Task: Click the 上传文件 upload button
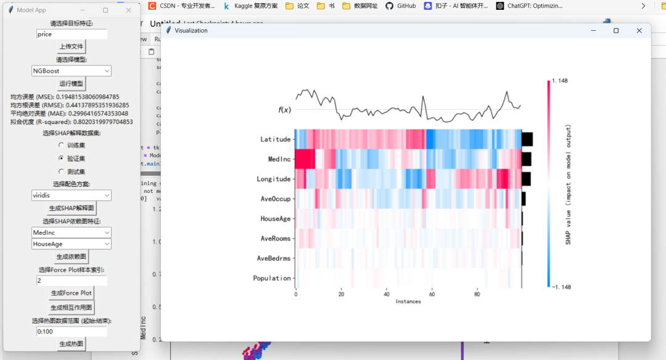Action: point(71,47)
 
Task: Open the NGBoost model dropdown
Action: point(72,71)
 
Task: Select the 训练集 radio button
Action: point(60,145)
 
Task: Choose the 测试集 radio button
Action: point(60,171)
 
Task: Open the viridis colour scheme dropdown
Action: point(72,195)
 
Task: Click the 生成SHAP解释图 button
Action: point(71,208)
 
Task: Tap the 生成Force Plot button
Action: point(71,293)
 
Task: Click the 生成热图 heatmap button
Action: point(71,344)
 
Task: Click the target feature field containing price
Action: point(72,35)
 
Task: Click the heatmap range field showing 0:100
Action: point(72,332)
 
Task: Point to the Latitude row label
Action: point(275,139)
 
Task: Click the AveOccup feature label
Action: point(275,199)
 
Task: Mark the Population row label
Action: point(271,278)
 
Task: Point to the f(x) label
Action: point(284,110)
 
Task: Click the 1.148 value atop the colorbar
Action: point(559,80)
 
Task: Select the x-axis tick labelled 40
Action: point(386,294)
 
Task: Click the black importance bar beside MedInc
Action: point(526,159)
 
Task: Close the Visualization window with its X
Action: point(639,30)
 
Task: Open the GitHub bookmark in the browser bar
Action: point(401,6)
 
